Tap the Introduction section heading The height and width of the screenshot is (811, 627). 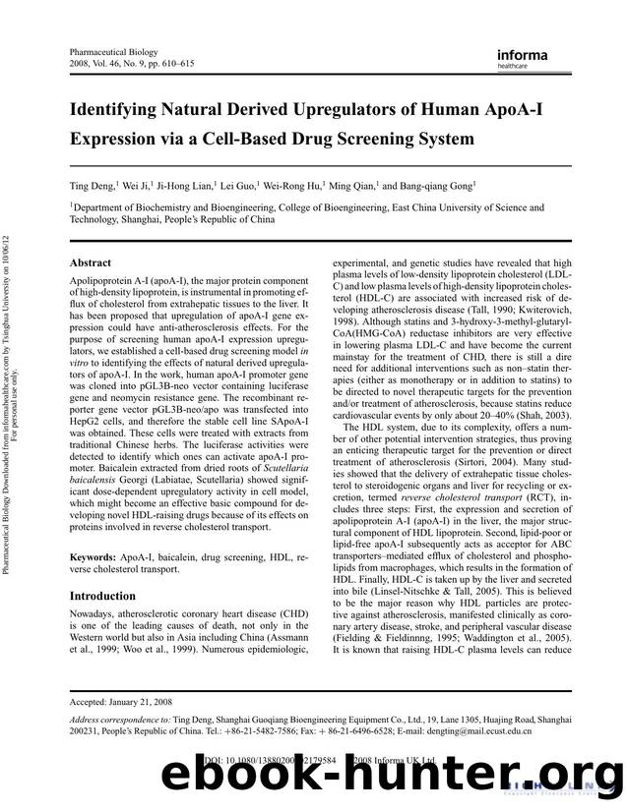[x=102, y=596]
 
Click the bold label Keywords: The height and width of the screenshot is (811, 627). [x=99, y=558]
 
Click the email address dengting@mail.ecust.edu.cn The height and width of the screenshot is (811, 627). [x=473, y=732]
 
